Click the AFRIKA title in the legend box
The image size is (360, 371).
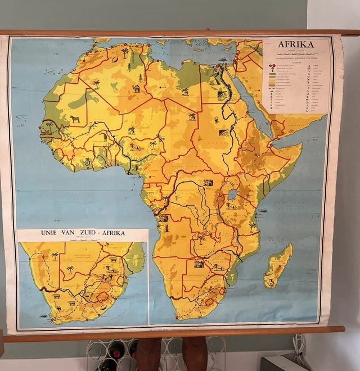[x=295, y=44]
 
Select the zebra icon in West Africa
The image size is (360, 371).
[x=75, y=119]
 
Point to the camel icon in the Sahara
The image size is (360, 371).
[x=136, y=88]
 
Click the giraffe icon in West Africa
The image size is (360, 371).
[x=105, y=137]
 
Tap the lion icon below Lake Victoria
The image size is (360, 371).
[x=231, y=206]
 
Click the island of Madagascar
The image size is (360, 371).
[x=278, y=264]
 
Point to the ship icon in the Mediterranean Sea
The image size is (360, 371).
[x=223, y=59]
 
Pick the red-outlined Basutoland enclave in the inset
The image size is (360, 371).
[x=103, y=296]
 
